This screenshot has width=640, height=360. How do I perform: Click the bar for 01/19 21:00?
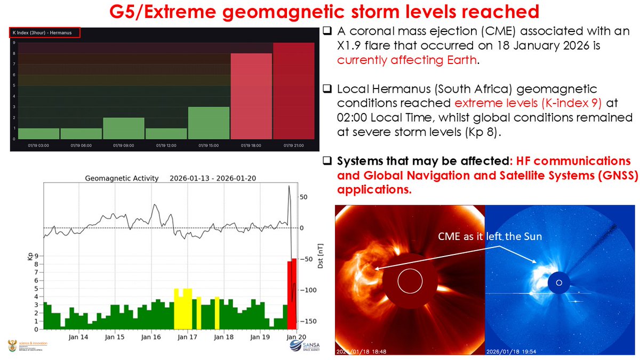pyautogui.click(x=293, y=91)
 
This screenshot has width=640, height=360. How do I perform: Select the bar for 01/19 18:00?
pyautogui.click(x=251, y=96)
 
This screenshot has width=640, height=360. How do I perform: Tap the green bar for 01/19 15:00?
pyautogui.click(x=209, y=123)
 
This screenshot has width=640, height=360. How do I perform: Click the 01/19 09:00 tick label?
pyautogui.click(x=124, y=145)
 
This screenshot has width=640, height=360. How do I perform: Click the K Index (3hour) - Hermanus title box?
pyautogui.click(x=45, y=33)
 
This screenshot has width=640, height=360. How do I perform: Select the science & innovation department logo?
pyautogui.click(x=26, y=346)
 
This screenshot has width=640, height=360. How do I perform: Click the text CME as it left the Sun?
pyautogui.click(x=490, y=236)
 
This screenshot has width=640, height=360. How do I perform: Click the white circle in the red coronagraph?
pyautogui.click(x=410, y=280)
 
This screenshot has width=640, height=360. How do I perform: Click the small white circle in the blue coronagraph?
pyautogui.click(x=559, y=283)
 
